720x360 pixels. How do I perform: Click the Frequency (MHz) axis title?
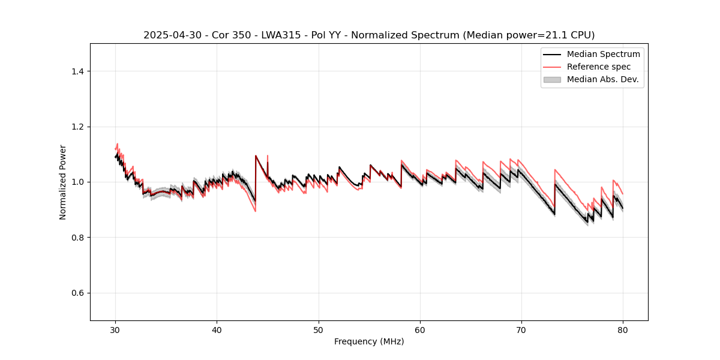tap(369, 342)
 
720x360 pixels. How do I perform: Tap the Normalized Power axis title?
tap(63, 182)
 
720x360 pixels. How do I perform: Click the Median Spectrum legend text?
tap(603, 54)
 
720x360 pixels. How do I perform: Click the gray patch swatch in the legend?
tap(552, 79)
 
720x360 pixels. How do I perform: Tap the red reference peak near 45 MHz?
tap(267, 156)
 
